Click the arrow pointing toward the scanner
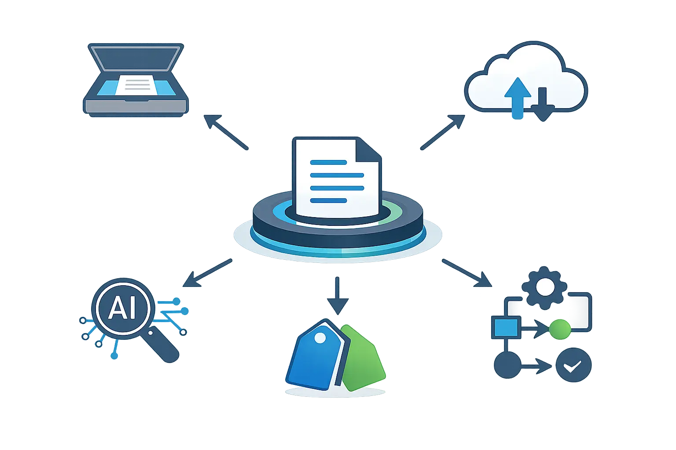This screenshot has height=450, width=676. (x=226, y=132)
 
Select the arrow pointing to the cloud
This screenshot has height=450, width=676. (x=443, y=132)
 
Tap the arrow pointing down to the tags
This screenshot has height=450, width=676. (x=338, y=296)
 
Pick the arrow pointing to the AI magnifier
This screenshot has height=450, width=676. (x=207, y=273)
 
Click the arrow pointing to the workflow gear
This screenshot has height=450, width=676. (x=467, y=273)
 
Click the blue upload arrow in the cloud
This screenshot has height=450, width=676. (x=518, y=98)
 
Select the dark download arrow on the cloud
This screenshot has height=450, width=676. (x=543, y=104)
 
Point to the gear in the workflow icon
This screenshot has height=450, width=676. (x=544, y=288)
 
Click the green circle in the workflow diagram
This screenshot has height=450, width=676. (x=560, y=330)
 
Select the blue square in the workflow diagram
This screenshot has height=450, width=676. (x=506, y=327)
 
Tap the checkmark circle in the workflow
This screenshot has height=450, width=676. (x=573, y=365)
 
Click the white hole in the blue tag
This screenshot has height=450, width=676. (x=320, y=338)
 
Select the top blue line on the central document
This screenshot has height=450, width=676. (x=328, y=163)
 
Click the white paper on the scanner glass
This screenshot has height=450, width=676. (x=138, y=85)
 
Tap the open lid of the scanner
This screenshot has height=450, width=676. (x=136, y=58)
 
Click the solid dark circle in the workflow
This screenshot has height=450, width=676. (x=507, y=365)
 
